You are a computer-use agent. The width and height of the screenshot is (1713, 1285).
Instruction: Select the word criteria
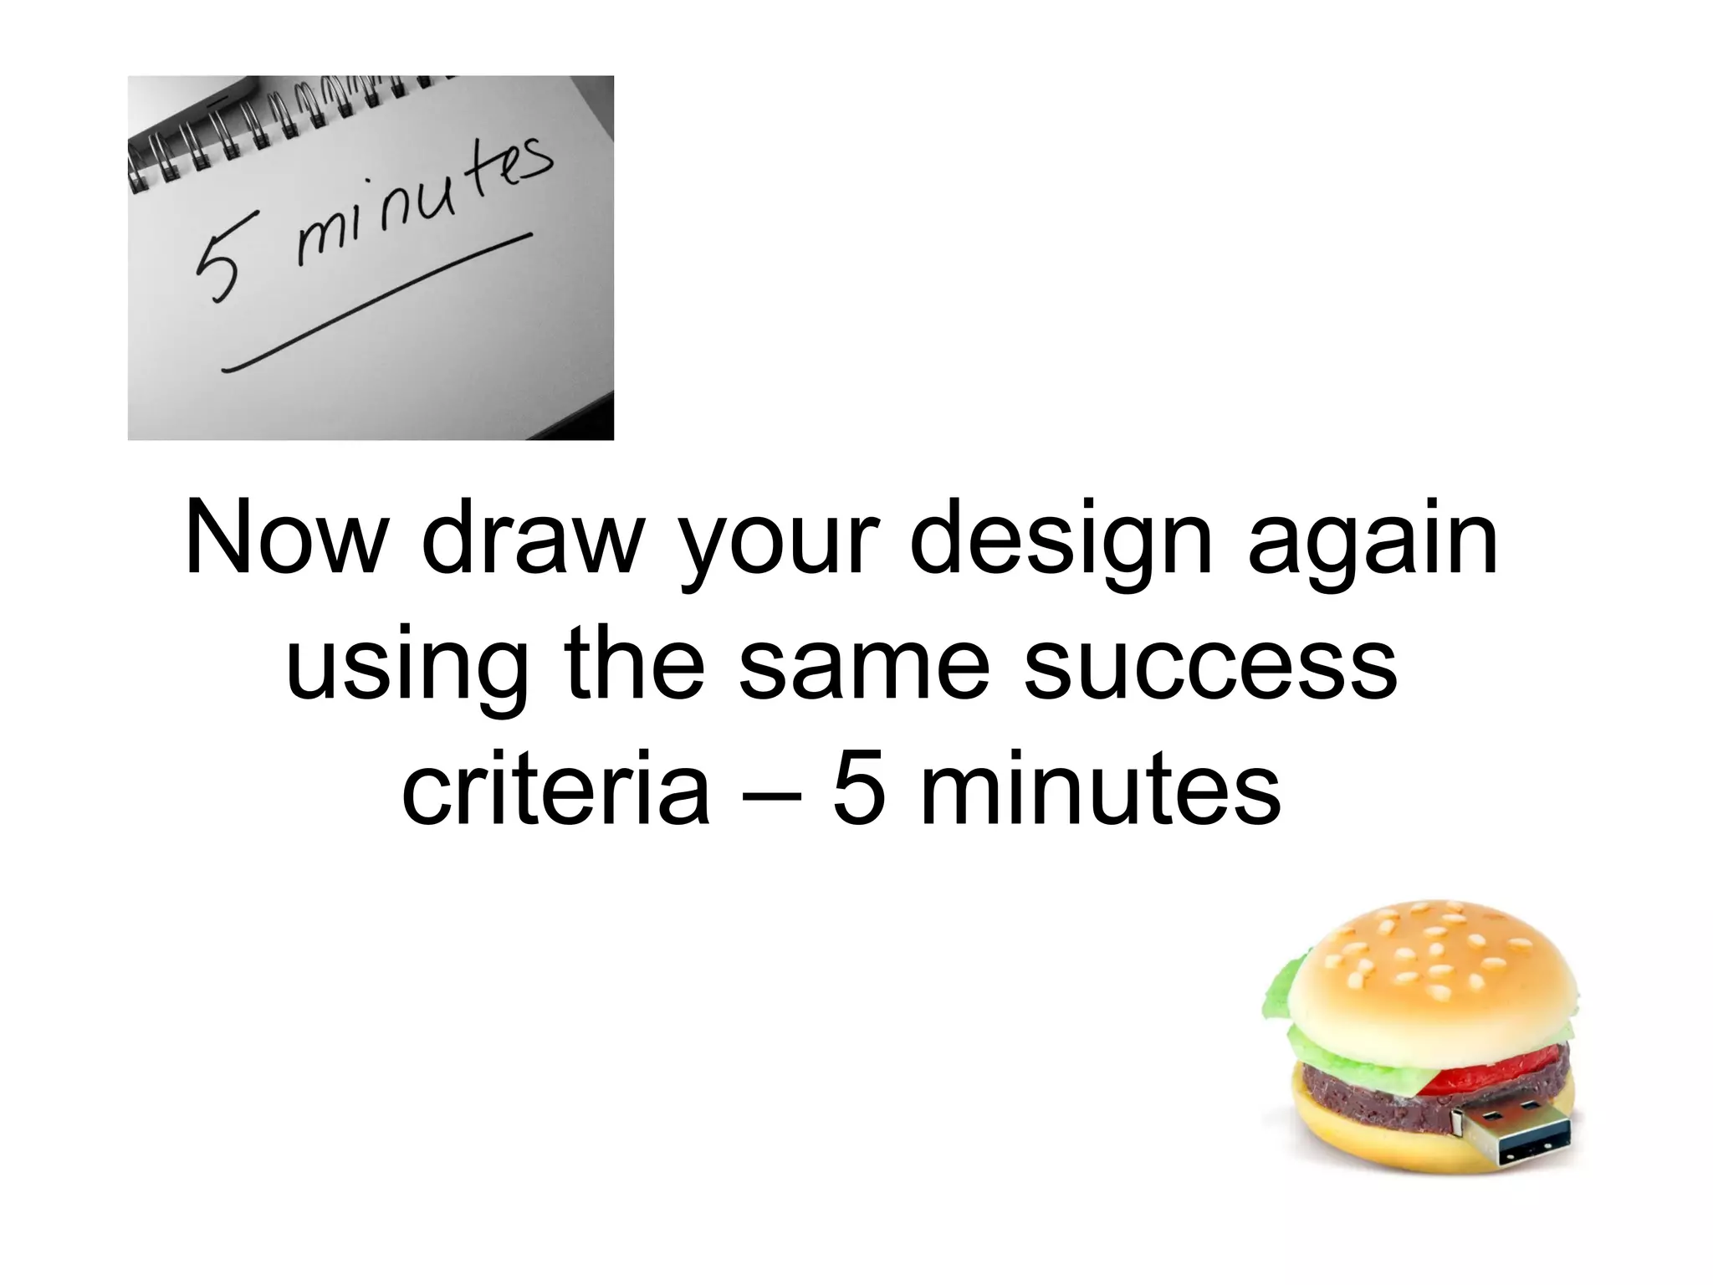(555, 788)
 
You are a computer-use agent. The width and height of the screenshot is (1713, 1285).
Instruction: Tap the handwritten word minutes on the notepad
(418, 205)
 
